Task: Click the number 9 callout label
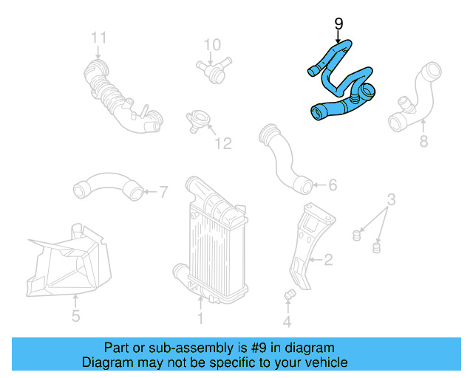coord(338,24)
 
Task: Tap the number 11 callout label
coord(99,37)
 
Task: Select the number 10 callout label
coord(212,45)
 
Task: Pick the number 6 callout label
coord(332,185)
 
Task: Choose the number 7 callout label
coord(163,192)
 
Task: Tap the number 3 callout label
coord(392,199)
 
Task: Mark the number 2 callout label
coord(328,259)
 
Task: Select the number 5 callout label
coord(75,318)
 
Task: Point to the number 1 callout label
coord(200,319)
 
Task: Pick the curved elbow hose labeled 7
coord(107,185)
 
